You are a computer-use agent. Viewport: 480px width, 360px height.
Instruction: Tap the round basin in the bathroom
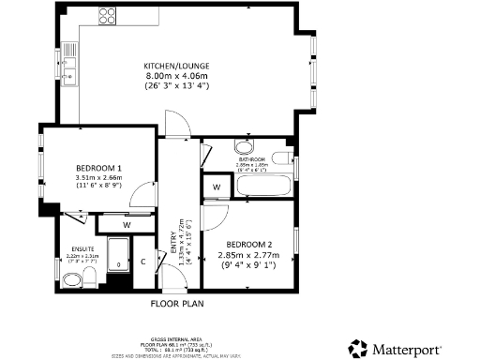coord(243,147)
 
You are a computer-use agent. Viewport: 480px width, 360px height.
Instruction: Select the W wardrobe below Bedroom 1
coord(125,225)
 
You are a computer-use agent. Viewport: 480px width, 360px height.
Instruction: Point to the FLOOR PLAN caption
coord(178,304)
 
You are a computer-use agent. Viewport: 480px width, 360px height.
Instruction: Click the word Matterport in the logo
coord(407,349)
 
